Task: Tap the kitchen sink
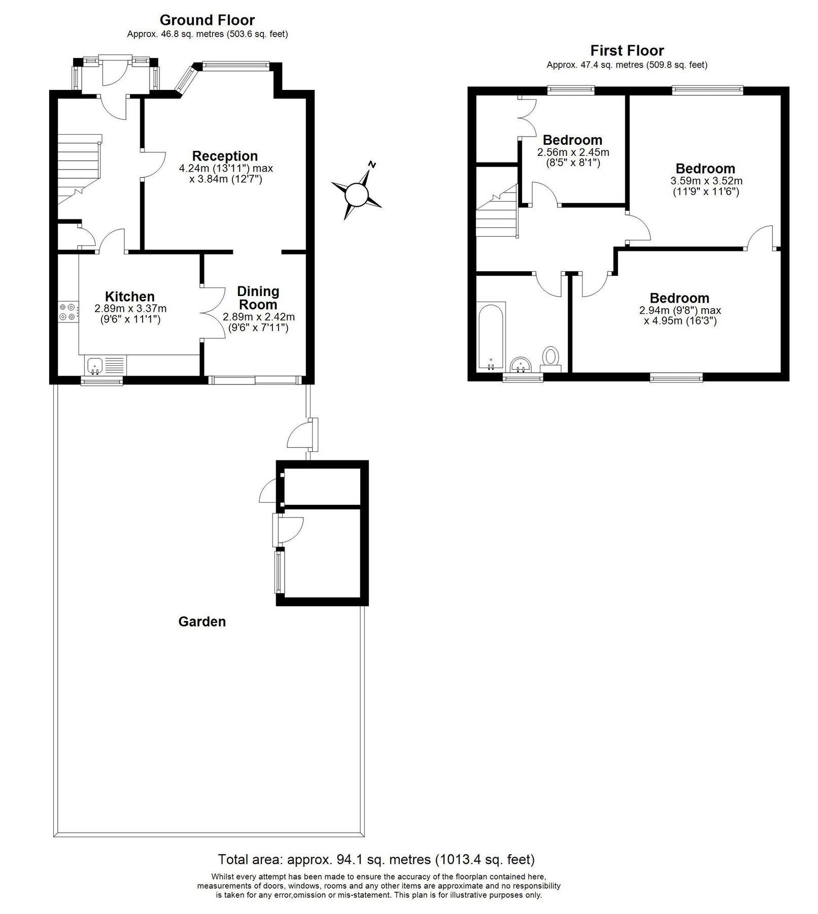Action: point(95,365)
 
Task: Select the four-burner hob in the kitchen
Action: point(68,311)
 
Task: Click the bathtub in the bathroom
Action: point(491,336)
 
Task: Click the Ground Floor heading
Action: point(207,20)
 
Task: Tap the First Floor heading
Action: point(627,51)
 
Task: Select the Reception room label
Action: point(225,156)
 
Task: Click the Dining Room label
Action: point(258,298)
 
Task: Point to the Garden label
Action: point(202,622)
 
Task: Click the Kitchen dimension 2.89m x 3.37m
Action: point(130,308)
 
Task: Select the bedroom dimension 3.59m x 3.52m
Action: point(706,181)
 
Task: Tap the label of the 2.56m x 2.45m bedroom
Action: point(572,140)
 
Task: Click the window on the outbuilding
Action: point(279,572)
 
